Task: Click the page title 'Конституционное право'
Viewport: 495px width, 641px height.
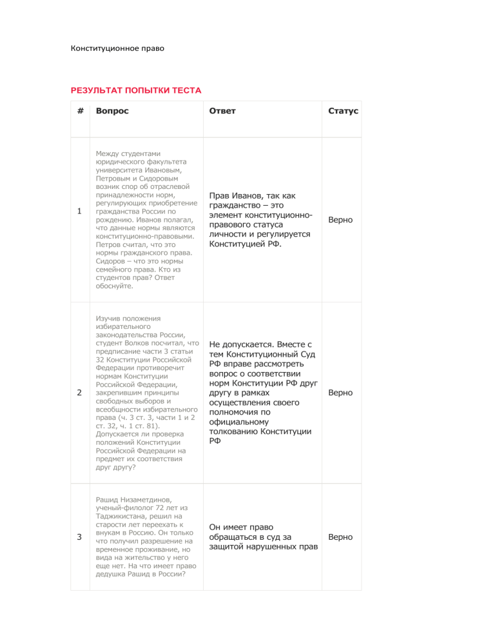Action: (117, 48)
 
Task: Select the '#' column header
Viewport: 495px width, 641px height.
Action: (79, 111)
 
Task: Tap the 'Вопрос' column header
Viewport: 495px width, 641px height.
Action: (112, 111)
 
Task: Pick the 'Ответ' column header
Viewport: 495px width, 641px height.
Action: (222, 111)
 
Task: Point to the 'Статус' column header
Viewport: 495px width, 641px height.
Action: (343, 111)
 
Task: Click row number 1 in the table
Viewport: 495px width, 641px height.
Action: (79, 212)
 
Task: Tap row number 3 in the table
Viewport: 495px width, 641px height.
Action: (79, 537)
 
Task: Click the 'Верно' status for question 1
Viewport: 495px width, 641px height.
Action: (340, 220)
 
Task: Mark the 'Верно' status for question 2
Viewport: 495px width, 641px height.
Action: (340, 392)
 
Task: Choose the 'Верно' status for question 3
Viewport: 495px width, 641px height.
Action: (340, 537)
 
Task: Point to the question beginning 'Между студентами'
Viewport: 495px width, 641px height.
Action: (145, 219)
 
